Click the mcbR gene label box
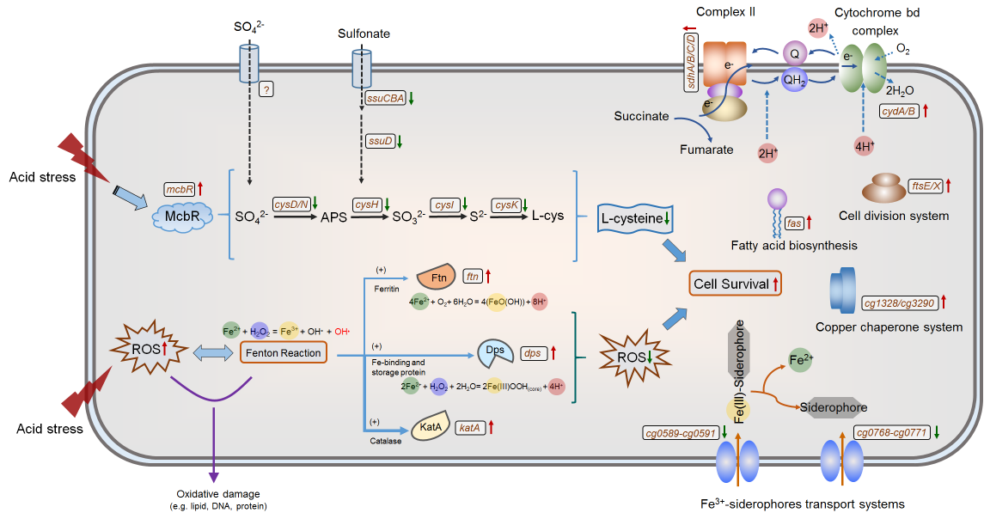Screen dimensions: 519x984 coord(180,188)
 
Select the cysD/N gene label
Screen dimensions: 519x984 coord(290,204)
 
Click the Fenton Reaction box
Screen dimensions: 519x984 coord(284,352)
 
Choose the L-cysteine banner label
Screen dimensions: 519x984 coord(636,219)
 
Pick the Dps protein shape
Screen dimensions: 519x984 coord(495,352)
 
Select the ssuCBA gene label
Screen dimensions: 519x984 coord(383,99)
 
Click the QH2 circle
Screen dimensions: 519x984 coord(795,79)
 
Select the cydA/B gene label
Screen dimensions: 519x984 coord(899,112)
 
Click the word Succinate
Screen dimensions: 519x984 coord(640,115)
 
